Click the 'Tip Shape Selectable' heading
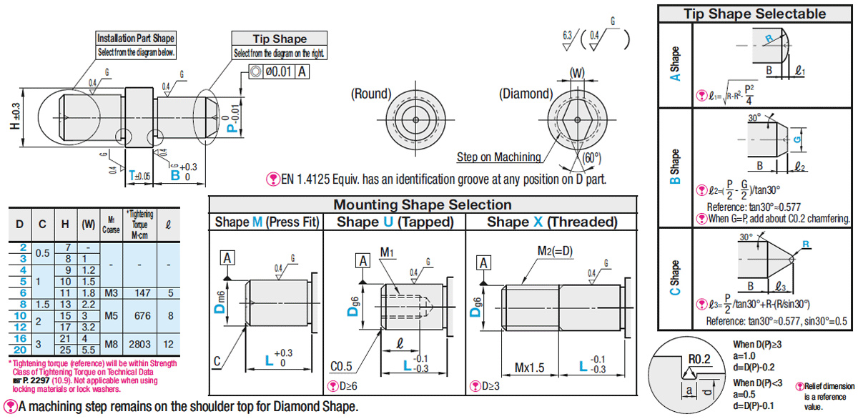click(754, 14)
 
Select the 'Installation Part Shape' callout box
click(135, 44)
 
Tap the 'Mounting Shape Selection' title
click(423, 204)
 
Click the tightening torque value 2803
click(144, 344)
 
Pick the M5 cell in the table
click(112, 315)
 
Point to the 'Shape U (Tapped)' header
click(395, 222)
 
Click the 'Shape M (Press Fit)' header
click(267, 222)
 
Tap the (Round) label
click(371, 94)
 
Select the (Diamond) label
click(525, 94)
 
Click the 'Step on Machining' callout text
click(498, 157)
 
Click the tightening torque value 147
click(144, 292)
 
